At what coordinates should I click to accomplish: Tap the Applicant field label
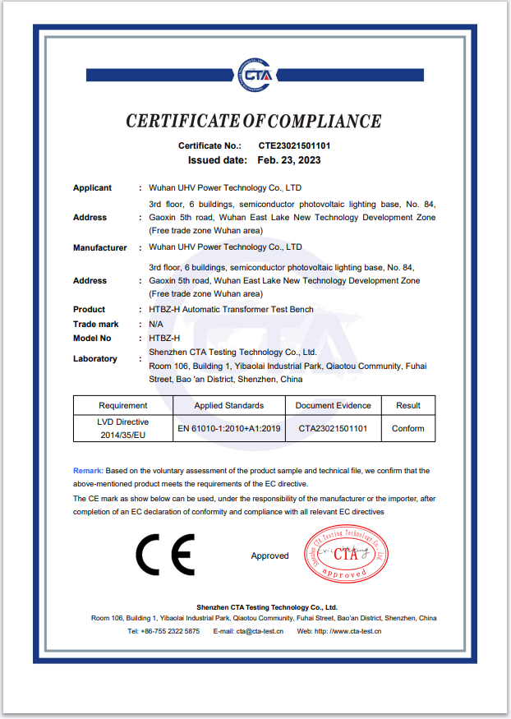[x=92, y=188]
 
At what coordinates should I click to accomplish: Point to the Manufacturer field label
[x=99, y=247]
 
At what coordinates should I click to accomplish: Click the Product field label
[x=89, y=310]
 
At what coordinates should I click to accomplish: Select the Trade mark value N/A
[x=156, y=325]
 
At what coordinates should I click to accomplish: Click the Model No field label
[x=92, y=339]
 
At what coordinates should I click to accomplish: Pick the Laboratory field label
[x=95, y=359]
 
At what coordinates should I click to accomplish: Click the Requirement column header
[x=123, y=405]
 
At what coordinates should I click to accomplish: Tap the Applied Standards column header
[x=229, y=405]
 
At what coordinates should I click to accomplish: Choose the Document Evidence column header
[x=333, y=405]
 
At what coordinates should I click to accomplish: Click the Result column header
[x=408, y=405]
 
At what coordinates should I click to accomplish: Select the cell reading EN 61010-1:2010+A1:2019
[x=229, y=428]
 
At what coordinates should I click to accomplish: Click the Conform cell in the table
[x=408, y=428]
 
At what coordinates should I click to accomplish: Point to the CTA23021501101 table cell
[x=333, y=428]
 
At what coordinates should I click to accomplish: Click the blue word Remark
[x=88, y=471]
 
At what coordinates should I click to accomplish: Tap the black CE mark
[x=165, y=555]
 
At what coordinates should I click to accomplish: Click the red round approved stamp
[x=345, y=555]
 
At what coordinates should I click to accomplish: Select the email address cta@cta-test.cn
[x=260, y=631]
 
